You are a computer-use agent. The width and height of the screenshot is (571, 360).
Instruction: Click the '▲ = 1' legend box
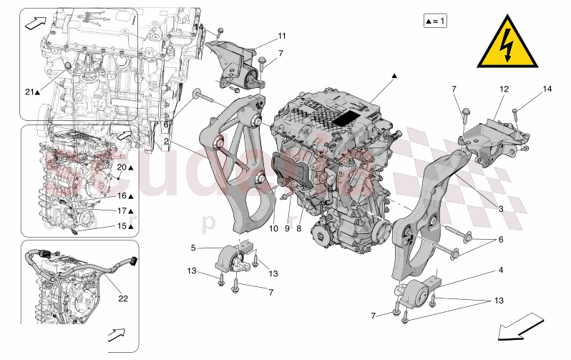pyautogui.click(x=434, y=21)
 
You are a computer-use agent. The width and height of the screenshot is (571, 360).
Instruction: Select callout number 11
pyautogui.click(x=281, y=35)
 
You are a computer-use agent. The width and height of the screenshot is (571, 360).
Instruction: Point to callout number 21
pyautogui.click(x=29, y=92)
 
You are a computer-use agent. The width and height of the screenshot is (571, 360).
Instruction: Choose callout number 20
pyautogui.click(x=122, y=167)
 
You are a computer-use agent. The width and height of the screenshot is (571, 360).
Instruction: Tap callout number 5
pyautogui.click(x=192, y=248)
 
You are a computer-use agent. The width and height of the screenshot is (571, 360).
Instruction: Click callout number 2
pyautogui.click(x=165, y=142)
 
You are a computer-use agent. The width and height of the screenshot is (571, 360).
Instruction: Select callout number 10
pyautogui.click(x=273, y=229)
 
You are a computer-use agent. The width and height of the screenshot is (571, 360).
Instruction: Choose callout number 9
pyautogui.click(x=287, y=229)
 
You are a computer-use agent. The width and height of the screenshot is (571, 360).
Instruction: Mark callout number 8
pyautogui.click(x=299, y=229)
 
